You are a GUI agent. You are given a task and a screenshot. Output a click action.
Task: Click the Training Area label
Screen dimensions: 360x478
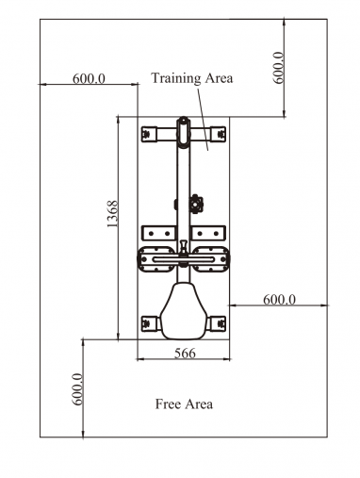pos(192,78)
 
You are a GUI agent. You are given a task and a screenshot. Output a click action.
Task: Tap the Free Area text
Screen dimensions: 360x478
pos(184,404)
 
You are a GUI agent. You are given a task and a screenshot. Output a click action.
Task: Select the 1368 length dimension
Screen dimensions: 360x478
pos(112,214)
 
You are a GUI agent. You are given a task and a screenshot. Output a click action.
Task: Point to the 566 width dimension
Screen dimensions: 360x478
pos(185,354)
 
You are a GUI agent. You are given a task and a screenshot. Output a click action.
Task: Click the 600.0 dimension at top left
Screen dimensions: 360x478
pos(89,78)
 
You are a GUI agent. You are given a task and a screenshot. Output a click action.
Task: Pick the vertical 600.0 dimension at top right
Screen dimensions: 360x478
pos(278,68)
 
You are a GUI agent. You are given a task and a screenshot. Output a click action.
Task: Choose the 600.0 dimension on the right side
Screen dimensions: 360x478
pos(279,300)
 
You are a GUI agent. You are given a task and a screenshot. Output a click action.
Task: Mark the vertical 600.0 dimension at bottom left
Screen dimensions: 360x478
pos(77,389)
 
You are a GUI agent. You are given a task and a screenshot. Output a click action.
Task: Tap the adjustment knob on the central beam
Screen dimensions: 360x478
pos(197,204)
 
